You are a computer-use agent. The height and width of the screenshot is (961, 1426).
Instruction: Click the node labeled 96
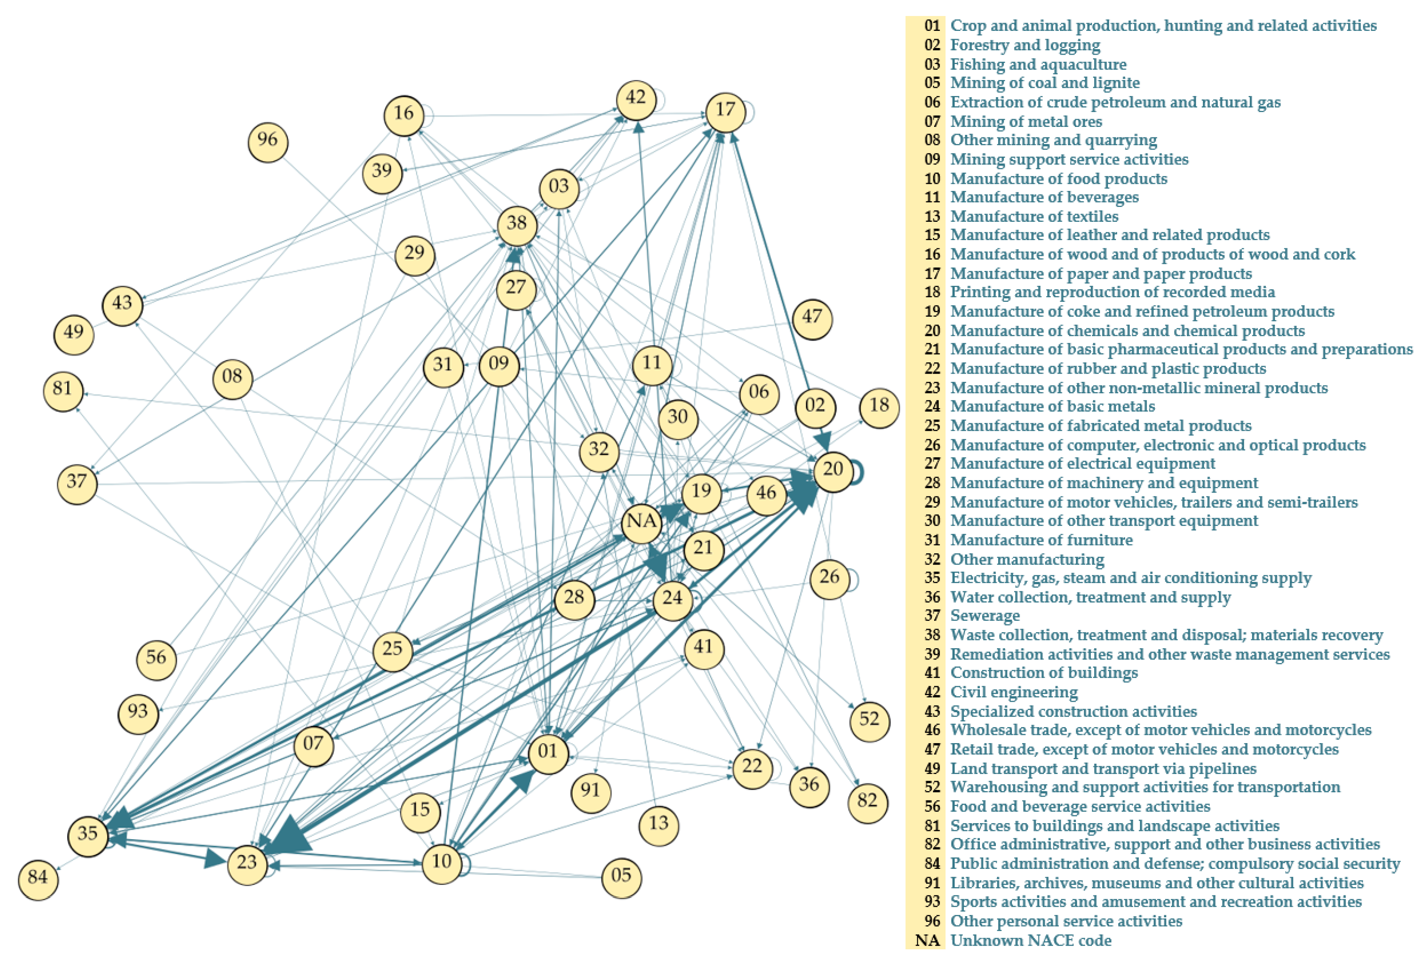click(x=268, y=142)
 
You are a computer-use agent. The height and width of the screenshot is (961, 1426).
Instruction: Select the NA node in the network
click(x=641, y=522)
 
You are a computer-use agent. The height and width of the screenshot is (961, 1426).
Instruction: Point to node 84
click(x=38, y=879)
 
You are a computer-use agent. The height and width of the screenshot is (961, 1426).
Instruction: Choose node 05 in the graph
click(x=621, y=877)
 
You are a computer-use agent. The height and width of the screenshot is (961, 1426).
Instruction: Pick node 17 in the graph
click(x=725, y=111)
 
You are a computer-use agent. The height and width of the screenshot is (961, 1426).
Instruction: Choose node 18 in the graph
click(x=879, y=407)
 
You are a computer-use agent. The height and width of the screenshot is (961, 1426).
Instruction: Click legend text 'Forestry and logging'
click(x=1025, y=45)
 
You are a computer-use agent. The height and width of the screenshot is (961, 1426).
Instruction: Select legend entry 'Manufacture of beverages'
click(x=1044, y=197)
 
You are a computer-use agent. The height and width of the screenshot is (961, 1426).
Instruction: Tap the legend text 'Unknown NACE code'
click(x=1031, y=940)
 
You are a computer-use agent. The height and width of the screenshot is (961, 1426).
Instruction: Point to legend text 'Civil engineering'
click(x=1013, y=692)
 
